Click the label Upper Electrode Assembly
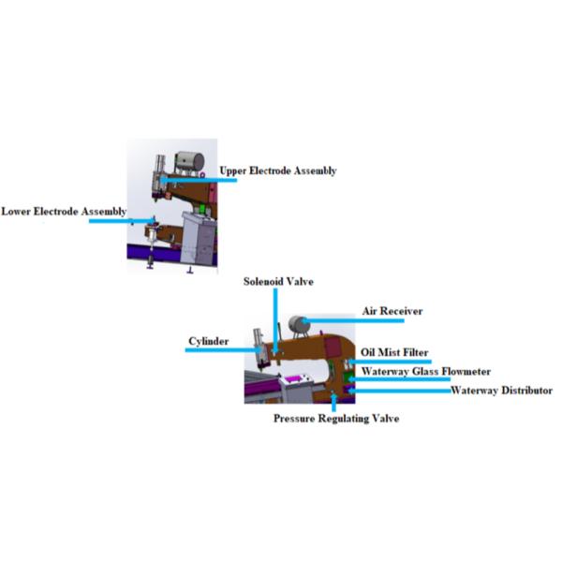277,170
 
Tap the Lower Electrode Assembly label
63,212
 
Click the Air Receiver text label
392,310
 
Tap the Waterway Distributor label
502,390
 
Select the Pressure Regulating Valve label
336,419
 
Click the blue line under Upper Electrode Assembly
201,180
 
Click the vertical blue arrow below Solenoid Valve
276,318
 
